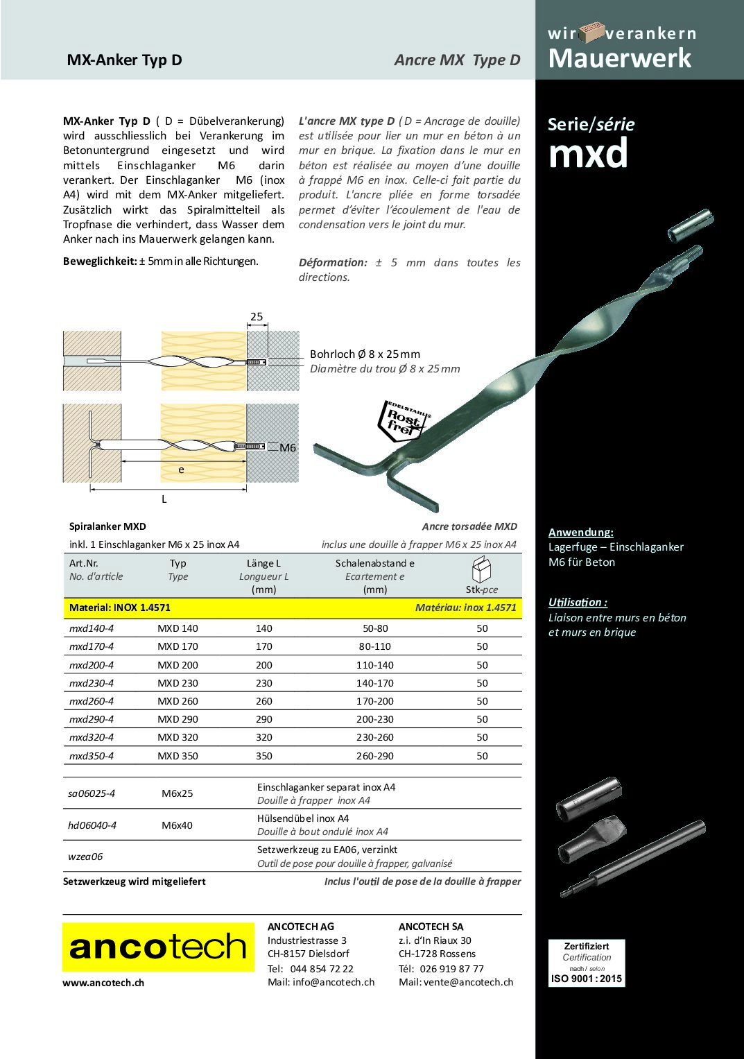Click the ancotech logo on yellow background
(x=158, y=947)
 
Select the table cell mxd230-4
(x=92, y=683)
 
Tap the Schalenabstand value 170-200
(x=374, y=701)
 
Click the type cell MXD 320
(x=178, y=737)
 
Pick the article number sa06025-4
(x=92, y=793)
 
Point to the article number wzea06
(x=85, y=856)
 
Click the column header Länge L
(x=263, y=563)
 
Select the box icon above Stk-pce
(x=481, y=569)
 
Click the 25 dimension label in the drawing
(x=257, y=317)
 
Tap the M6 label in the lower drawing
(x=288, y=448)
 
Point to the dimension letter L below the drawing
(x=164, y=499)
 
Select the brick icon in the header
(x=591, y=32)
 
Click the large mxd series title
(x=588, y=153)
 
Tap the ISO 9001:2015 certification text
(x=587, y=979)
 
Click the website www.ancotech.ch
(x=103, y=983)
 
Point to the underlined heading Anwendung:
(x=580, y=532)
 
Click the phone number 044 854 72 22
(x=322, y=969)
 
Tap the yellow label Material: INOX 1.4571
(x=120, y=608)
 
